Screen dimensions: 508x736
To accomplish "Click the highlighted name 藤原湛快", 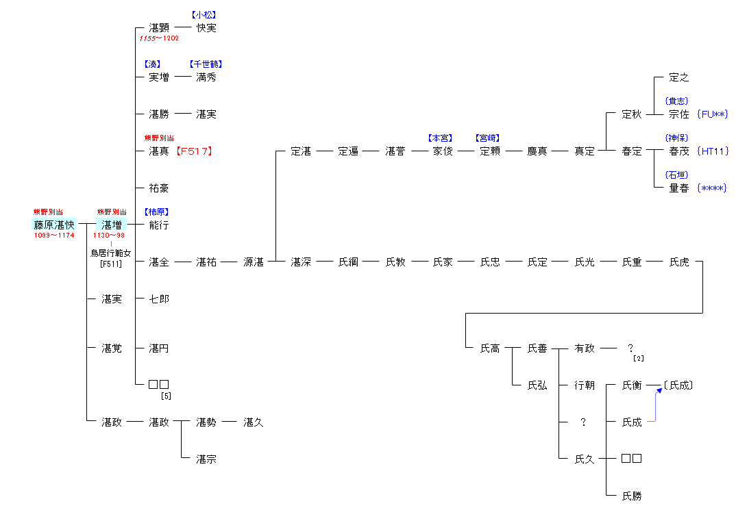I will coord(54,224).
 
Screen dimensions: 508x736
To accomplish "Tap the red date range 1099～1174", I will coord(54,236).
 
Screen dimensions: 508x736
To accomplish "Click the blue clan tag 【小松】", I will coord(206,15).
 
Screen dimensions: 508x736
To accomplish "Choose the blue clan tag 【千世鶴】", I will coord(206,64).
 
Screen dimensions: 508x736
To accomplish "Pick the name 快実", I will coord(206,28).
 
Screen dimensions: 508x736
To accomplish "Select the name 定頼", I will coord(490,151).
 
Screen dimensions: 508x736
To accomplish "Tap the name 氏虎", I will coord(679,262).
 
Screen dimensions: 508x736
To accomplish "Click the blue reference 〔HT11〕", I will coord(712,151).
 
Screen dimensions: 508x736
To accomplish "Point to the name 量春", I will coord(679,188).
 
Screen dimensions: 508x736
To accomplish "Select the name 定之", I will coord(679,78).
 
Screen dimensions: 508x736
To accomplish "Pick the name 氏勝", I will coord(632,496).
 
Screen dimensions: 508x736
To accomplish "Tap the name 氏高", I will coord(490,348).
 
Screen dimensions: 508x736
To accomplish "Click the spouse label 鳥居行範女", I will coord(111,253).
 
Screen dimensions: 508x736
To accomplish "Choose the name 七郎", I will coord(159,299).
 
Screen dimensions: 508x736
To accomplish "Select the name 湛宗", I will coord(206,459).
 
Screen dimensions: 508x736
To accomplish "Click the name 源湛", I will coord(254,262).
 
